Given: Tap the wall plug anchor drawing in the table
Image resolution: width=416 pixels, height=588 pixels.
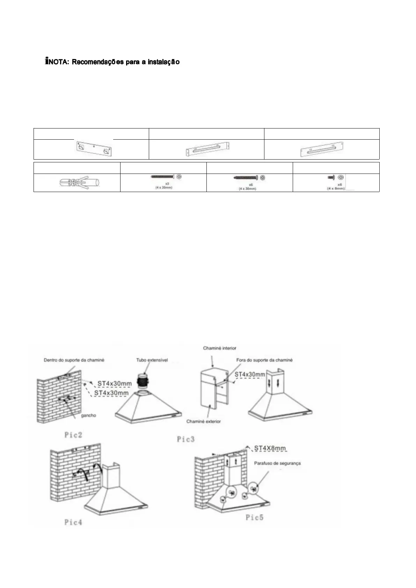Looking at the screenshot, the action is point(80,183).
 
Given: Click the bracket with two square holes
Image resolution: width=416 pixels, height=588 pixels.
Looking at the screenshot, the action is point(94,149).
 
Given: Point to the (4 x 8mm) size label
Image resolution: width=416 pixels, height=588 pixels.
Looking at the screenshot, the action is point(336,189).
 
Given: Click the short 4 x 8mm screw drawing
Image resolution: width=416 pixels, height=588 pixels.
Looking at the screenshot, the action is point(331,178).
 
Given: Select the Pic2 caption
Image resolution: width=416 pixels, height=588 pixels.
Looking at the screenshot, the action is point(73,435).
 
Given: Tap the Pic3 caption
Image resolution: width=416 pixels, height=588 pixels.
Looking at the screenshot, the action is point(185,439).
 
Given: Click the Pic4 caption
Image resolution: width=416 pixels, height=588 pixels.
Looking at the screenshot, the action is point(73,522).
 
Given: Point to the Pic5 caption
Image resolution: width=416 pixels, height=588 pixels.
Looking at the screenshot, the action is point(254,517).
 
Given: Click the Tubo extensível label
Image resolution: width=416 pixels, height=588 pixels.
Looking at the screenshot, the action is point(152,360).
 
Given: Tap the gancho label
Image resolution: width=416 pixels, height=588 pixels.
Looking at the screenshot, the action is point(88,416).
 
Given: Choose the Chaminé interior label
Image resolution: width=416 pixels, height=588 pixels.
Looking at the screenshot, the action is point(220,348).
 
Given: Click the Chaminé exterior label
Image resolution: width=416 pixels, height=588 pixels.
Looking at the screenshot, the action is point(204,421).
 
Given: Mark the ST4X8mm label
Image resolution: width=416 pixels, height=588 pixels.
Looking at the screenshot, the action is point(270,448).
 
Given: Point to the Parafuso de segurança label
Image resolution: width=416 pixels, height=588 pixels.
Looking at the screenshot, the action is point(277,463).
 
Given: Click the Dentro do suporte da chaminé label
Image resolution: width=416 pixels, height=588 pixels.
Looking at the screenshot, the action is point(74,360).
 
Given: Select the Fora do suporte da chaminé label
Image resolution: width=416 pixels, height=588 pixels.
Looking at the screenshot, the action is point(264,360).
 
